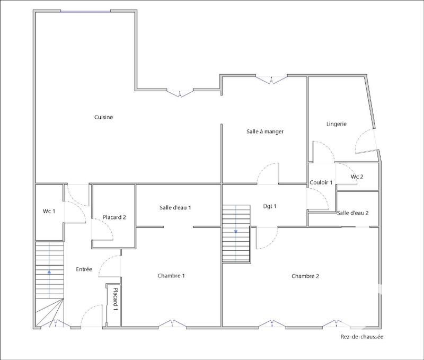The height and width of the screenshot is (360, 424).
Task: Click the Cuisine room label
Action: (x=104, y=117)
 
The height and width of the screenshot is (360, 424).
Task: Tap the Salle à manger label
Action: (x=265, y=131)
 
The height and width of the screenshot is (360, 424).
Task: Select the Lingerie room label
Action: (x=336, y=124)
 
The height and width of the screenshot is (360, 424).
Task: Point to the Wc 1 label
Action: (x=49, y=212)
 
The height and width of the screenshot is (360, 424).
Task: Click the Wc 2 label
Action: (x=357, y=177)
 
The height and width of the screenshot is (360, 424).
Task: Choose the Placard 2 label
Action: (x=114, y=217)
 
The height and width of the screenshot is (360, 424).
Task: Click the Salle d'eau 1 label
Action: (x=175, y=207)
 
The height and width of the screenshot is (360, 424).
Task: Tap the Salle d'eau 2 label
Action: (x=352, y=213)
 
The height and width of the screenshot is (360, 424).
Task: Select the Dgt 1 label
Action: (x=270, y=206)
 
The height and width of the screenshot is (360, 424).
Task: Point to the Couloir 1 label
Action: (x=321, y=182)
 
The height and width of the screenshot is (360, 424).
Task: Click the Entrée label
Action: (x=84, y=269)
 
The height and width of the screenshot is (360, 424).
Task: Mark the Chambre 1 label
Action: (x=171, y=276)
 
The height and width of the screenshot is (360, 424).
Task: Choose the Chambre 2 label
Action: (x=305, y=276)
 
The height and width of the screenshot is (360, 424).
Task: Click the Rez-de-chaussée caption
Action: (x=361, y=336)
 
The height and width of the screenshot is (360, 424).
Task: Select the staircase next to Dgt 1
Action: (x=236, y=233)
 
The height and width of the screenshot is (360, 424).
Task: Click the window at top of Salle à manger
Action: (x=272, y=80)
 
